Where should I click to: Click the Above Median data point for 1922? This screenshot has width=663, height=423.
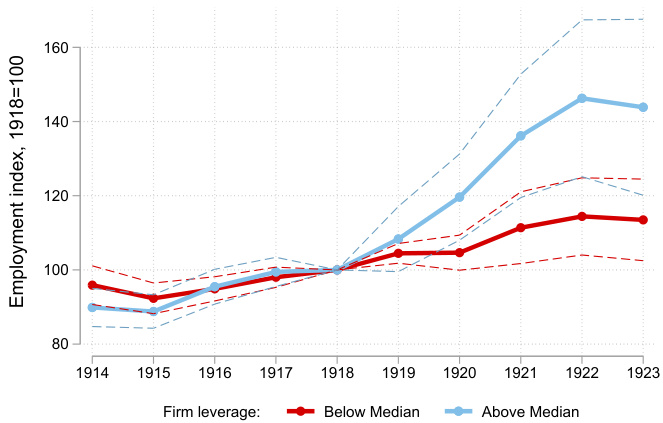point(582,98)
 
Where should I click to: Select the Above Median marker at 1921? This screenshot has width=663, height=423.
point(521,136)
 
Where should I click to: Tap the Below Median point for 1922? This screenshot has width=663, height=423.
point(582,216)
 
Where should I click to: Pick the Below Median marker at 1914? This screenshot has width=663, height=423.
point(92,285)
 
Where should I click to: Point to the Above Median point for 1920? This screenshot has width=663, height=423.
point(460,197)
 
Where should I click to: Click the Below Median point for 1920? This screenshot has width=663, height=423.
point(460,253)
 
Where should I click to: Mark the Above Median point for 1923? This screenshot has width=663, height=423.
point(643,107)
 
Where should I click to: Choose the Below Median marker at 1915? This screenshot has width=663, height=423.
point(153,298)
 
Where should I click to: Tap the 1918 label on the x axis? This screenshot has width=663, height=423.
point(337,372)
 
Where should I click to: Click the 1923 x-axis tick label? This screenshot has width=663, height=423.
point(642,372)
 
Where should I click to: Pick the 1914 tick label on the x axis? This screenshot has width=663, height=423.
point(92,372)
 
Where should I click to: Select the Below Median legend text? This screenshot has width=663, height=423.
point(365,411)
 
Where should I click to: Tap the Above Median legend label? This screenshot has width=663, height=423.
point(530,411)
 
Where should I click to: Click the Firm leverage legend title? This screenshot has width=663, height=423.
point(212,411)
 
